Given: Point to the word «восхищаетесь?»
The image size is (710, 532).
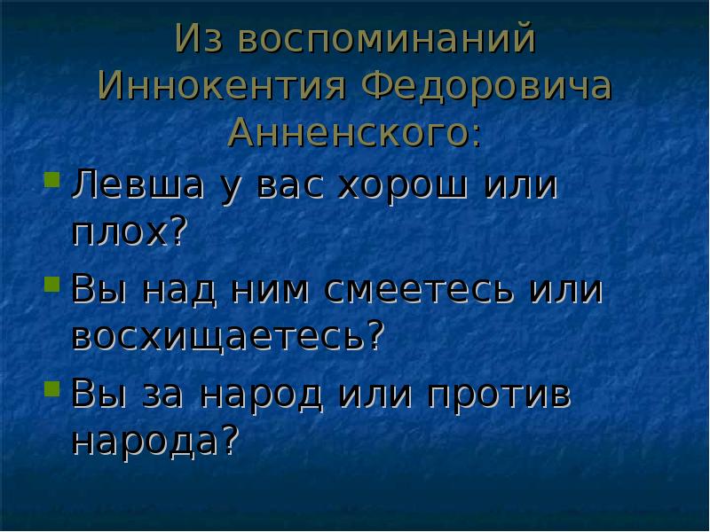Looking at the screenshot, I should pos(228,336).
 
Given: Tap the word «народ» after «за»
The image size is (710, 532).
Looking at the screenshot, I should pos(262,393).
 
